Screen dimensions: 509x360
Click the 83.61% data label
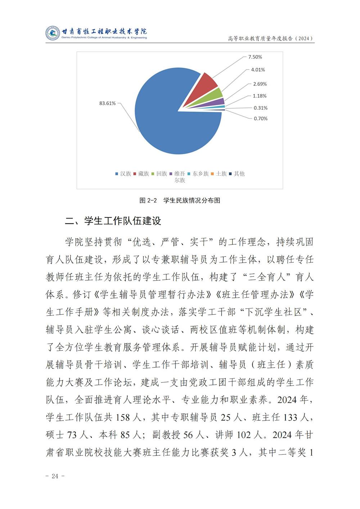(x=107, y=103)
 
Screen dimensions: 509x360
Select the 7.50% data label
(x=255, y=57)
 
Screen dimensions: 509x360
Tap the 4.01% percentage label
(x=258, y=70)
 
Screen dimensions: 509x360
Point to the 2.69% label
(x=260, y=84)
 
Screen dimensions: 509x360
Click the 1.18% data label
(x=260, y=96)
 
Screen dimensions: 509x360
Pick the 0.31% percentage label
(x=261, y=108)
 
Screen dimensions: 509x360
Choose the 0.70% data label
(x=261, y=118)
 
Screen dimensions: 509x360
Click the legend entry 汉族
(x=123, y=174)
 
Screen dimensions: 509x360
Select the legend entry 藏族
(x=141, y=174)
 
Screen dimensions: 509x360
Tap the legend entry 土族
(x=219, y=174)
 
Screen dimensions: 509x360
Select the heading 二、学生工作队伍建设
(x=113, y=221)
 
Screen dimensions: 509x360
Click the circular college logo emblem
(x=53, y=33)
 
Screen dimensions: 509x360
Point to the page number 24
(x=55, y=476)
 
